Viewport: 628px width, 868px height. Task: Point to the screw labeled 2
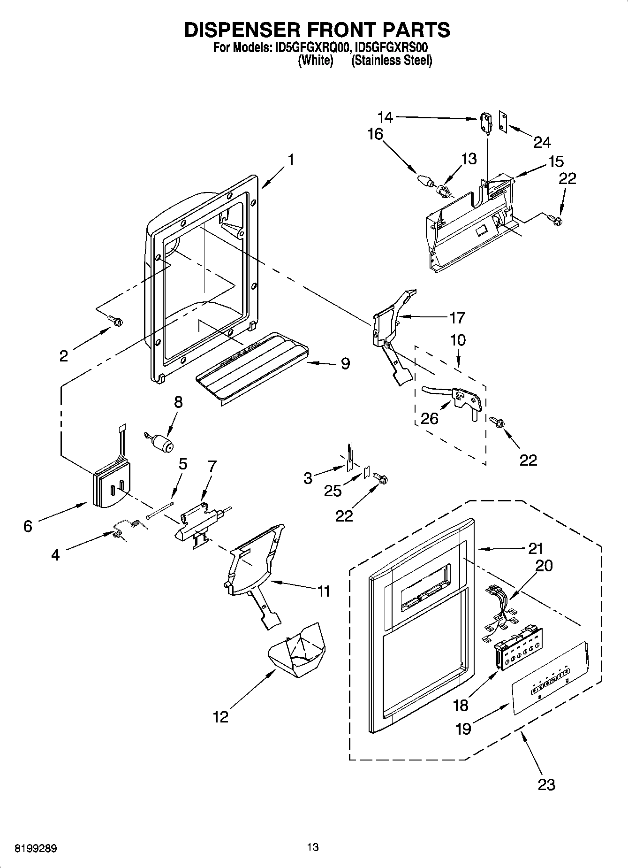115,321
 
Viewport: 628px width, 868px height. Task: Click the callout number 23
546,784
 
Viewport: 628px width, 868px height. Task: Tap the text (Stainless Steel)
392,61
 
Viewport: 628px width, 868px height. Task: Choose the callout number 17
457,318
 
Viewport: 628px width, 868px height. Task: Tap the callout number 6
28,526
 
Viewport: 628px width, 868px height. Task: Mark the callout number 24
542,142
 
